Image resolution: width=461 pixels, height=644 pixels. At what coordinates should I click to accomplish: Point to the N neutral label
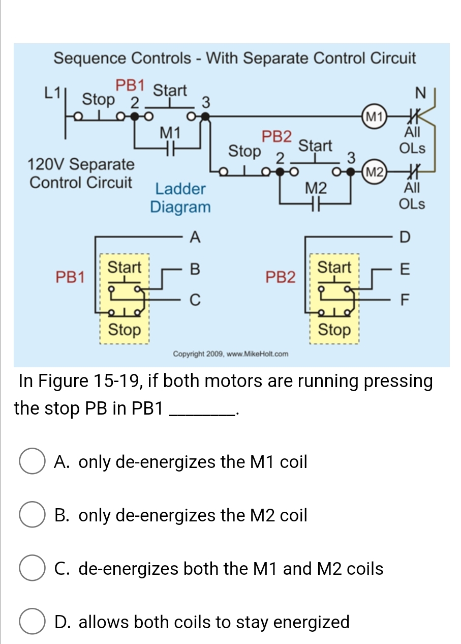point(419,94)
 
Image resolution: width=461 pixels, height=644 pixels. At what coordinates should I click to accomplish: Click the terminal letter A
point(194,237)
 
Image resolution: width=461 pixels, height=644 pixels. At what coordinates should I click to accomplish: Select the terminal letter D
point(404,237)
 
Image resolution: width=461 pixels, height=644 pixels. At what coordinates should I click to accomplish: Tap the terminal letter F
point(404,300)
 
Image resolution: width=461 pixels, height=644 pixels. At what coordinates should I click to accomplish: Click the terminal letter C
point(194,300)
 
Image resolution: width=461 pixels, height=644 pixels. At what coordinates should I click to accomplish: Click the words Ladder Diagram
point(180,198)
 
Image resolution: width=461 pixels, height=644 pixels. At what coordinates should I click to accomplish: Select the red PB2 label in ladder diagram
point(277,137)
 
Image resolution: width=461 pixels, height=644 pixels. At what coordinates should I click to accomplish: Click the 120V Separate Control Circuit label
point(81,173)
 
